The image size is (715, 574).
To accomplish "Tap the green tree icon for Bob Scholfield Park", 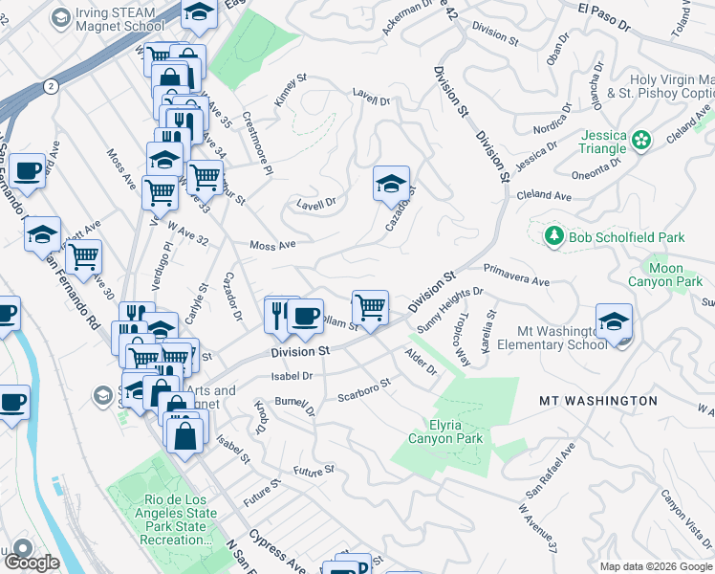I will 553,235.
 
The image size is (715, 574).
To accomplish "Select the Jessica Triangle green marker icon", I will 640,140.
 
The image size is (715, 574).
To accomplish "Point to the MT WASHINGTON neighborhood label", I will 598,401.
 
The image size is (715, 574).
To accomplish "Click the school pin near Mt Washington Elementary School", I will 614,321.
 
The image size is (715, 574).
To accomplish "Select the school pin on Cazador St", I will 391,184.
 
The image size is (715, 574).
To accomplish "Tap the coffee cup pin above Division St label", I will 305,316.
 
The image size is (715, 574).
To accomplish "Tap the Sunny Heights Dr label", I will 449,308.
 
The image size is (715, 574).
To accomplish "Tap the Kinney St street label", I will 289,90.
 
